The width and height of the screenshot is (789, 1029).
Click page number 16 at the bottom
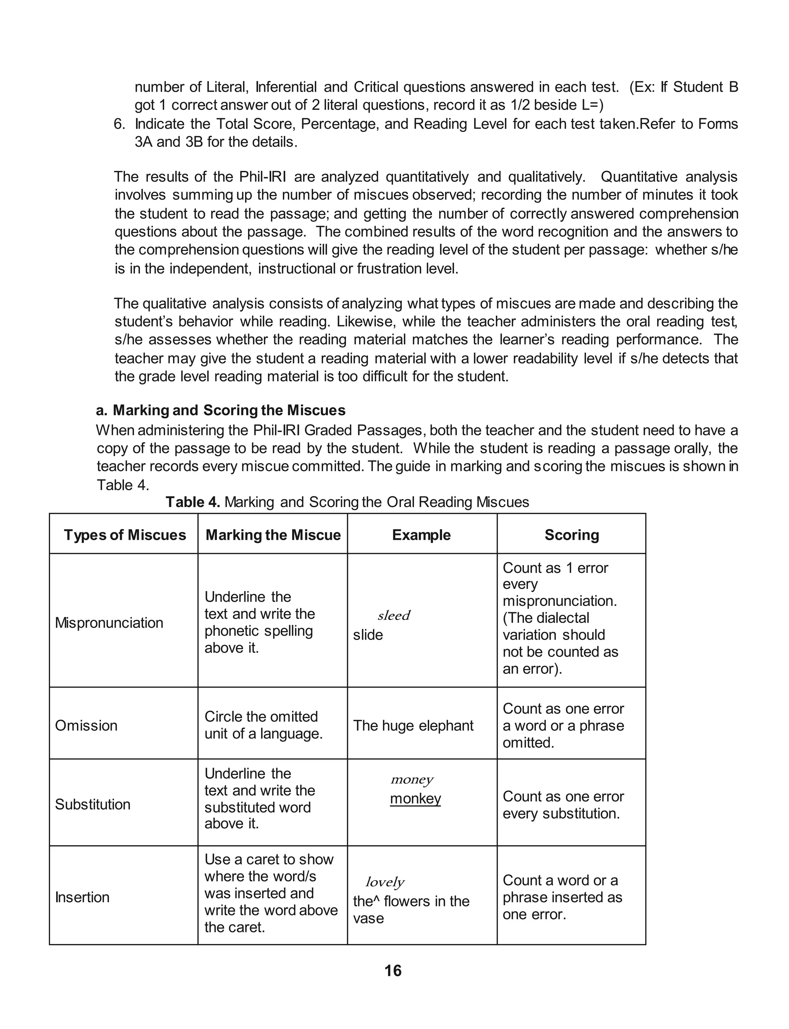[x=393, y=971]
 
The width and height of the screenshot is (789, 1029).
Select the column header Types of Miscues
[x=125, y=535]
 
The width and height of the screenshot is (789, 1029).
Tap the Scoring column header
[x=572, y=535]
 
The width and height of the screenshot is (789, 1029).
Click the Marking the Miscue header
[x=273, y=535]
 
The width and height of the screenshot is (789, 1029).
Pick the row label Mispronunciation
[x=109, y=623]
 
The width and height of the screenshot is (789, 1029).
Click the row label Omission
[x=86, y=726]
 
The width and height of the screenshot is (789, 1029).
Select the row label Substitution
[x=92, y=804]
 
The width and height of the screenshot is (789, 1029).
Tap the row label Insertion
[x=82, y=897]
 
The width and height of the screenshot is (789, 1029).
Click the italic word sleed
[x=394, y=615]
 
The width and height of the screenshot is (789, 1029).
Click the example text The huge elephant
[x=413, y=726]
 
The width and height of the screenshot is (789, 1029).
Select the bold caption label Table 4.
[x=193, y=502]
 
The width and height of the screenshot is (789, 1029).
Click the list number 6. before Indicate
[x=119, y=124]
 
